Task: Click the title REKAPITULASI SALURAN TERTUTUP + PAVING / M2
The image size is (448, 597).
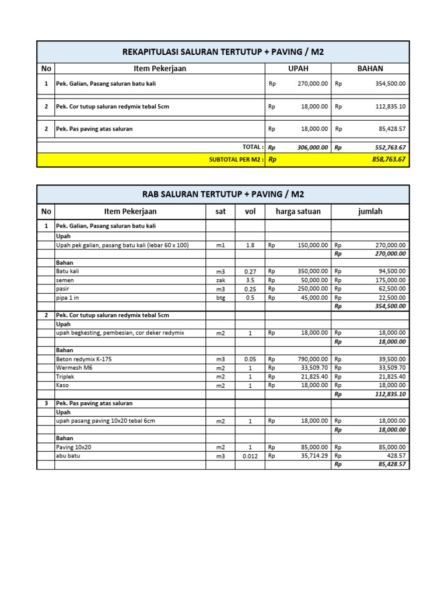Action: pyautogui.click(x=223, y=52)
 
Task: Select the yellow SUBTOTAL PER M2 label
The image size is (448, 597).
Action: pyautogui.click(x=236, y=160)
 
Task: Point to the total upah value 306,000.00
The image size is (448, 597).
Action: pyautogui.click(x=312, y=148)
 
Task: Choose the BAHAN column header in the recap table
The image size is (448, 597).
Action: pyautogui.click(x=370, y=69)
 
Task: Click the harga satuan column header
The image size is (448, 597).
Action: pyautogui.click(x=297, y=212)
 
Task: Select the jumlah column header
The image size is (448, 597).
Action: pyautogui.click(x=370, y=212)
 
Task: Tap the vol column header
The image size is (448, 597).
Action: pyautogui.click(x=250, y=212)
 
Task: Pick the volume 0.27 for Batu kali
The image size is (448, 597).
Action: pyautogui.click(x=250, y=272)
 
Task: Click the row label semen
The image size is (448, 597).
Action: pyautogui.click(x=65, y=280)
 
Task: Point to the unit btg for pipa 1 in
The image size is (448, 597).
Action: pyautogui.click(x=220, y=298)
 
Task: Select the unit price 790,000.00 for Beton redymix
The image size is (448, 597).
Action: pyautogui.click(x=312, y=360)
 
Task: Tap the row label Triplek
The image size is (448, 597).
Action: pyautogui.click(x=65, y=377)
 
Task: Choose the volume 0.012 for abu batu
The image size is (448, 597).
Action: pyautogui.click(x=250, y=456)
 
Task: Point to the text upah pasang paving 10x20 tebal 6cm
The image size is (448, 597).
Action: pyautogui.click(x=105, y=421)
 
